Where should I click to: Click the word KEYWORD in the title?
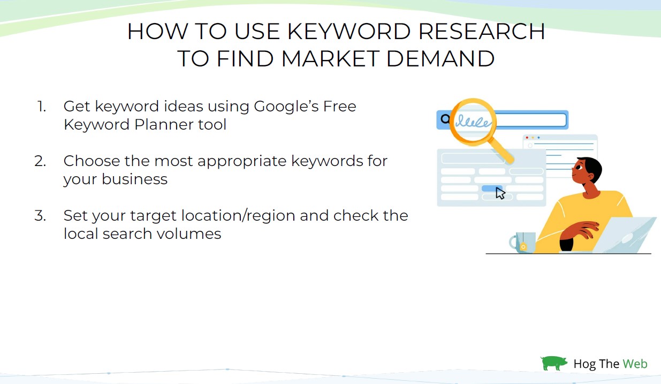tap(349, 31)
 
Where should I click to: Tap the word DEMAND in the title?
tap(440, 58)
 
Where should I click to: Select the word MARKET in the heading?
tap(330, 58)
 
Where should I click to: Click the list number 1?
tap(42, 107)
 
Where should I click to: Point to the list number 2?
tap(40, 161)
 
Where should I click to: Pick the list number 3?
tap(40, 216)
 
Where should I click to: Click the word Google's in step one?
tap(286, 107)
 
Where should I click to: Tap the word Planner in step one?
tap(164, 124)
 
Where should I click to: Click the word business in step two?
tap(134, 179)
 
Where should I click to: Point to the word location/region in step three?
tap(238, 216)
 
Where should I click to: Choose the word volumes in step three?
tap(189, 234)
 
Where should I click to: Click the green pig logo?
tap(553, 363)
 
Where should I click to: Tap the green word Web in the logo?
tap(635, 364)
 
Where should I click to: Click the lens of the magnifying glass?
tap(473, 122)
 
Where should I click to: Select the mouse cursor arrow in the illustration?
tap(500, 193)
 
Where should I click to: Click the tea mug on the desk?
tap(523, 242)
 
